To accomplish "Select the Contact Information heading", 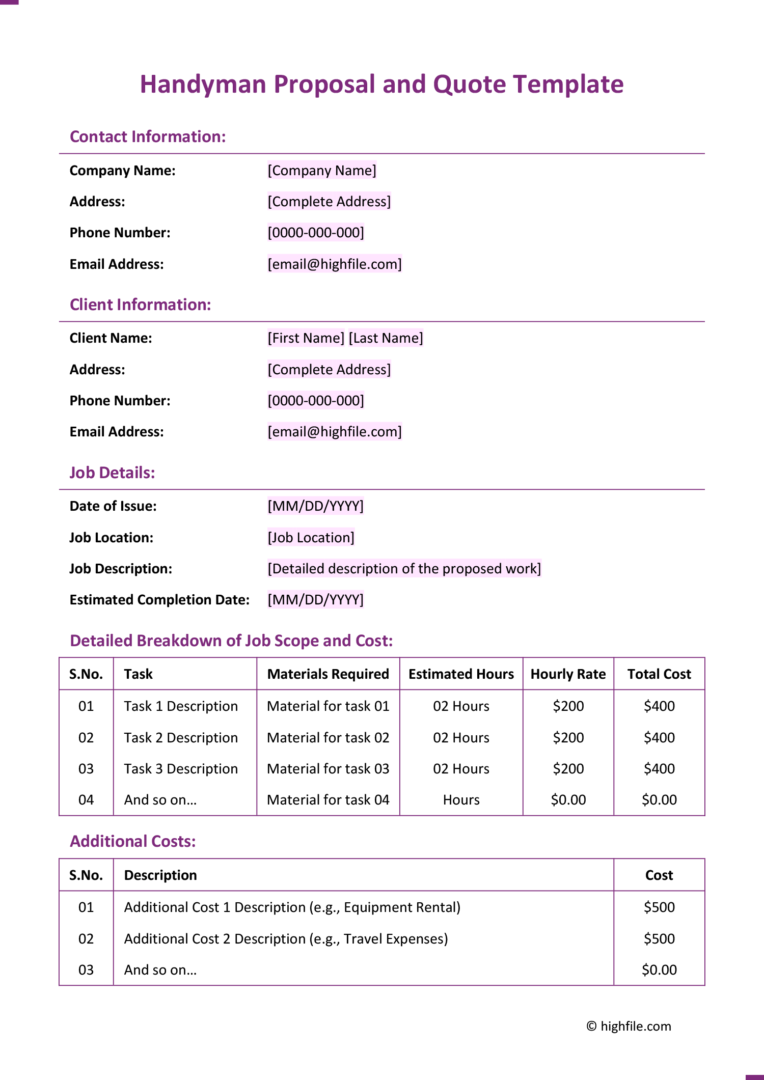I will [148, 137].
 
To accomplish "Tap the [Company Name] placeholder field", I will [322, 171].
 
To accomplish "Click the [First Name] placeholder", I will [306, 338].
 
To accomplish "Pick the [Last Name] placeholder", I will [386, 338].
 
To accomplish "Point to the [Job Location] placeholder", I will [311, 538].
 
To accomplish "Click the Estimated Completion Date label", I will [159, 600].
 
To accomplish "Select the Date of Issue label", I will [113, 506].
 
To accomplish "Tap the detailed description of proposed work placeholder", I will [404, 569].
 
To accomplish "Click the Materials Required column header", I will [328, 674].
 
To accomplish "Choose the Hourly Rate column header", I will [568, 674].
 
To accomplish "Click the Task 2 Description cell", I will [181, 738].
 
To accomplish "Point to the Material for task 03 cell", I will [328, 769].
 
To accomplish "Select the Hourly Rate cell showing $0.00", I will [568, 800].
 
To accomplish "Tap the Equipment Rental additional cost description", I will [292, 907].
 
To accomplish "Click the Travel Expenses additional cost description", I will [286, 939].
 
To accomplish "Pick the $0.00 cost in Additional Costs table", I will [659, 970].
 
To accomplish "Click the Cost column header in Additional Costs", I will [659, 875].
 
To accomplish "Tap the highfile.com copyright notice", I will [629, 1026].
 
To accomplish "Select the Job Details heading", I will [112, 473].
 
